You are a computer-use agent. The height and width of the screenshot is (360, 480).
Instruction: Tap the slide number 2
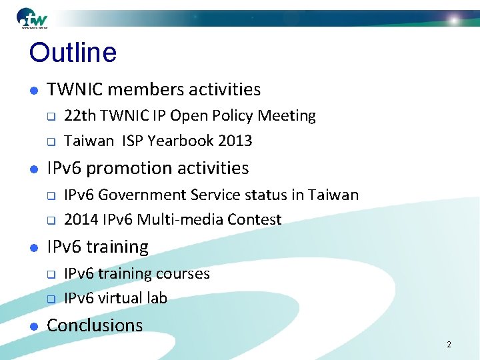coord(449,345)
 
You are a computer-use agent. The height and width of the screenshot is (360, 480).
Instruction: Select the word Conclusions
coord(95,325)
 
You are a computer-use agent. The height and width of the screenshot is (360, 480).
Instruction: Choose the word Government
coord(139,195)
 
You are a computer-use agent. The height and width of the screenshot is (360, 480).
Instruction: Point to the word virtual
coord(123,298)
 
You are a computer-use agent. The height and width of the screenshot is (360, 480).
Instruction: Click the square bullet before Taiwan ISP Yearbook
coord(50,141)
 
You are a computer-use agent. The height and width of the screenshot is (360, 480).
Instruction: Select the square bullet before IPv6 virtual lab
coord(50,299)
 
